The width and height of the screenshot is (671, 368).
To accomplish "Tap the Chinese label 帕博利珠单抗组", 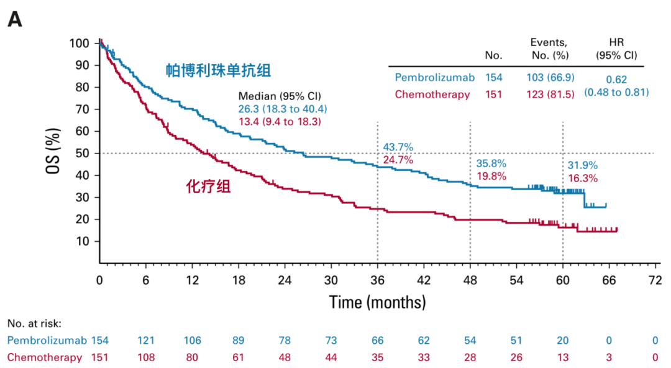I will (218, 70).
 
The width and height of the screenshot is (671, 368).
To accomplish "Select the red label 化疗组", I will (209, 186).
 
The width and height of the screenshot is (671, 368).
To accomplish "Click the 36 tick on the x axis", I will (377, 280).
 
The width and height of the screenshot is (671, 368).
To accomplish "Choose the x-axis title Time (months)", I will (377, 303).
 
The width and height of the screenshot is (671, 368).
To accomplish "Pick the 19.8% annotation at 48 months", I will (491, 176).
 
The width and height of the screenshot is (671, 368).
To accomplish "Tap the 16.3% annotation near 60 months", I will (583, 178).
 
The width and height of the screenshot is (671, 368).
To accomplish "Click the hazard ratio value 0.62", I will (616, 80).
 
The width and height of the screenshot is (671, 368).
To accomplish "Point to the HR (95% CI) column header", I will (616, 48).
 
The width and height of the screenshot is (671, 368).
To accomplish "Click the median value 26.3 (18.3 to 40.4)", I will (283, 109).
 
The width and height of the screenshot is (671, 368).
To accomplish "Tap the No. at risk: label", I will (35, 323).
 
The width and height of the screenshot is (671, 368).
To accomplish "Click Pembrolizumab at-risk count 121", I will (146, 340).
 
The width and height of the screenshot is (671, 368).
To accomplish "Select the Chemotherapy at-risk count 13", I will (563, 357).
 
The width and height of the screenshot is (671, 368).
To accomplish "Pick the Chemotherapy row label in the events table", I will (432, 94).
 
